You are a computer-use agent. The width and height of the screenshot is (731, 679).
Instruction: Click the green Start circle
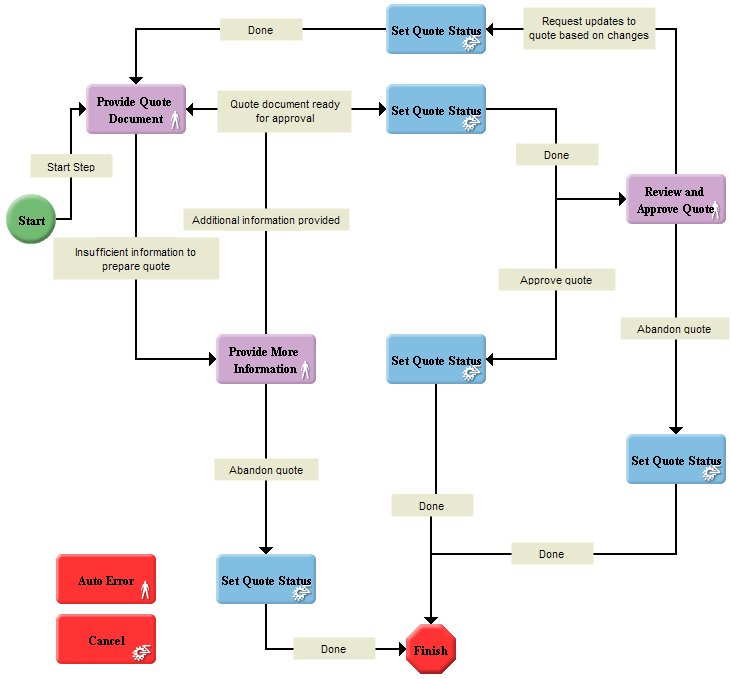31,220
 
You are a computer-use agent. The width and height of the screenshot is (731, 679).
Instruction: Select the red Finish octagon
431,650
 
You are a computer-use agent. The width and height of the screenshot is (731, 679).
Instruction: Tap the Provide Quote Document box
136,110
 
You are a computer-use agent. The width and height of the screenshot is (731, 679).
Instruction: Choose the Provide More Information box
265,360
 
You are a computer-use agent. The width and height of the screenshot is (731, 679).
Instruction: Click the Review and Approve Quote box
675,200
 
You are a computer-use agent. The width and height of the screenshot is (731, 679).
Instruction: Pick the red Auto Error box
107,580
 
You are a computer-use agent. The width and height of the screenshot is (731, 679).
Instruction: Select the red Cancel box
107,641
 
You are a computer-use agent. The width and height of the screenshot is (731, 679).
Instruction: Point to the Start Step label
71,167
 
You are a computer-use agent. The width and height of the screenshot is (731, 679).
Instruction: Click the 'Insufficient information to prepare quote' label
136,259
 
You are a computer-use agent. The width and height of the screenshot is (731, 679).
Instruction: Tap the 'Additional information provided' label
266,220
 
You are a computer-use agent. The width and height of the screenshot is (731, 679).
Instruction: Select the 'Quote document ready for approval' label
285,111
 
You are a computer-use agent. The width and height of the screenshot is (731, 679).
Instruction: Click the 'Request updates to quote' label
589,28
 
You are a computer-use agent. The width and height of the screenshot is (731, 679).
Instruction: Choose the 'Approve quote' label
556,280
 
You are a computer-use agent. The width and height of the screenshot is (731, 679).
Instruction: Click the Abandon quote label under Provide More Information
266,469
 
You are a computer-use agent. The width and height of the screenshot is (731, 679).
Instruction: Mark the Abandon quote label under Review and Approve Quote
674,329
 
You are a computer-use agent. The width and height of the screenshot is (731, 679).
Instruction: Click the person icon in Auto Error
145,589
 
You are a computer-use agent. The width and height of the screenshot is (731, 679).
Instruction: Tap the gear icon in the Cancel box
142,651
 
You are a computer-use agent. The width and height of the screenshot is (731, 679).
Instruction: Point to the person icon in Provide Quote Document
174,122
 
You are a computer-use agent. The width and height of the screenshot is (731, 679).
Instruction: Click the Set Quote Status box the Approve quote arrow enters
436,360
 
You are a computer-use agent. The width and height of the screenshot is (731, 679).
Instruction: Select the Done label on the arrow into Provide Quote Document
260,30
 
